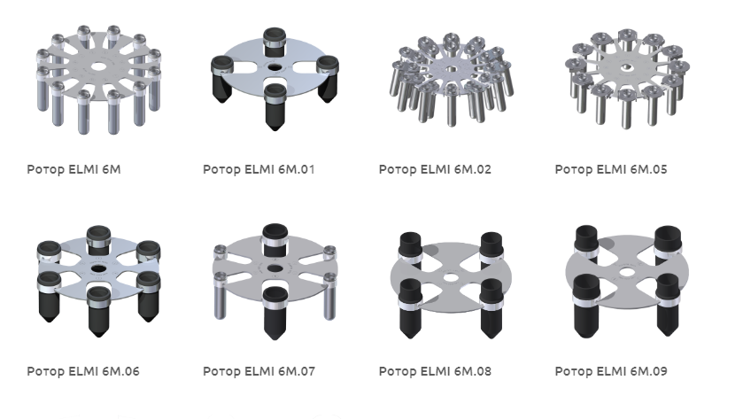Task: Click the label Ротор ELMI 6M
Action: click(x=74, y=169)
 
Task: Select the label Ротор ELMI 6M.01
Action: click(x=259, y=169)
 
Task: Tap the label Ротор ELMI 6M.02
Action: click(x=435, y=169)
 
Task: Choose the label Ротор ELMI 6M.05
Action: click(x=611, y=169)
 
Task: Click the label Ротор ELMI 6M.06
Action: click(x=83, y=371)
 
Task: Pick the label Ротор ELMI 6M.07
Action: click(x=259, y=371)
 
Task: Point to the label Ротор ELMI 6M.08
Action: click(x=435, y=371)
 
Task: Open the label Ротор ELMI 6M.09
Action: click(x=611, y=371)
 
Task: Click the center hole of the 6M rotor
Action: click(x=98, y=66)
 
